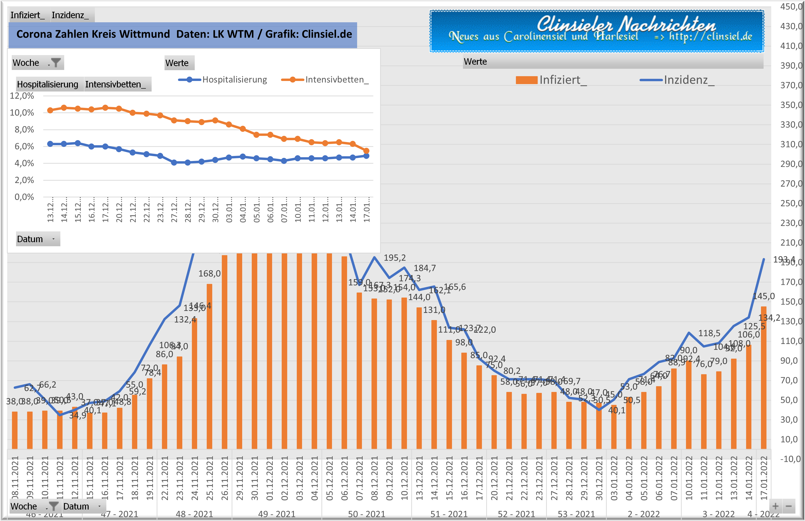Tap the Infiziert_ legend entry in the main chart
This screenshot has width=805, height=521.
551,80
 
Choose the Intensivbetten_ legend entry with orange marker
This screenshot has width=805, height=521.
325,80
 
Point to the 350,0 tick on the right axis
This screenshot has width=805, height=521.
791,105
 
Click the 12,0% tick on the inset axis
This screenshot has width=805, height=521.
22,96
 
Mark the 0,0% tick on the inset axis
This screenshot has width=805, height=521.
24,197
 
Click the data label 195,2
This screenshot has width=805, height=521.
394,258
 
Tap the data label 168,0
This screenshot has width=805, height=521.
209,273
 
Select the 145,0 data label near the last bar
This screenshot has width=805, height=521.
764,296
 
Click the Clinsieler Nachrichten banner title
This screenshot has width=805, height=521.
626,24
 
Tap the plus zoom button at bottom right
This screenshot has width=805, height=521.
775,506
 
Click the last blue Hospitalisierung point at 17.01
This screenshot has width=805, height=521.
366,156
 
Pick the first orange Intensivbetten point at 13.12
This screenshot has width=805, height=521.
50,110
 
